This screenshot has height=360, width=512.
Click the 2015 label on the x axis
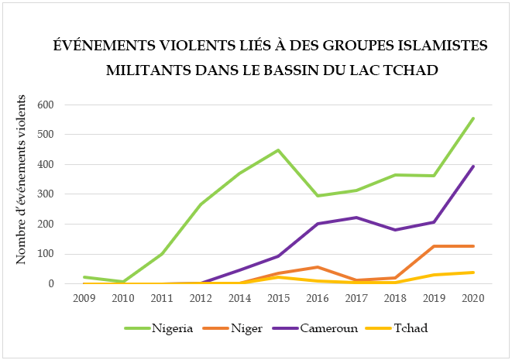point(277,297)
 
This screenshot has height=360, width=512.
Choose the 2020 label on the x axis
point(472,297)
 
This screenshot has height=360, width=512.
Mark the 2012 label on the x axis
point(200,297)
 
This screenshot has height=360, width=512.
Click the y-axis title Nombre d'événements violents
point(22,180)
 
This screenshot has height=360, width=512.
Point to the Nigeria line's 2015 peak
point(277,149)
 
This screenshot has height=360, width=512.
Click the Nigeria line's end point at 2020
point(472,118)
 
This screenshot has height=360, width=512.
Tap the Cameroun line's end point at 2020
point(472,166)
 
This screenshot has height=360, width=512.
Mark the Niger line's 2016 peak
point(317,267)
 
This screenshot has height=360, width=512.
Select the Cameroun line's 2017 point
point(356,218)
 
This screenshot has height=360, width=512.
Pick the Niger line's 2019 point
point(434,246)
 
